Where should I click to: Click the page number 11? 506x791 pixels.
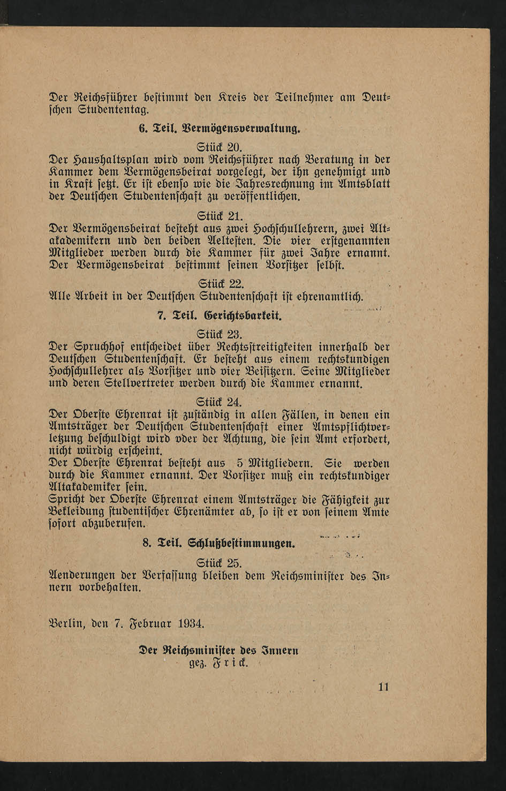click(383, 687)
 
